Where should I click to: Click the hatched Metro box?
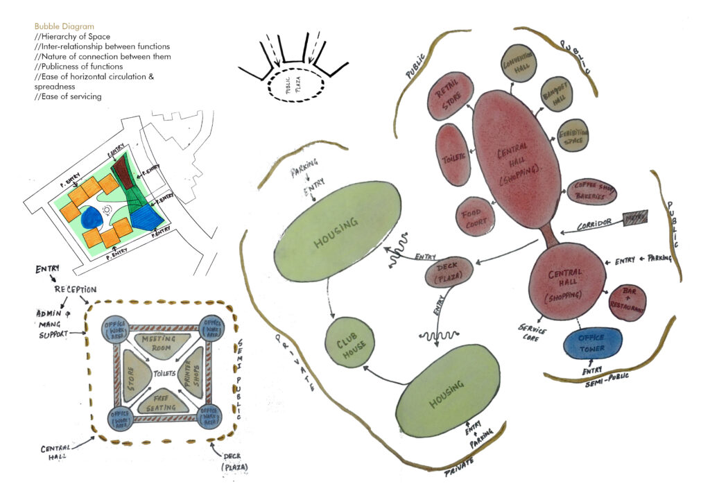[x=635, y=218]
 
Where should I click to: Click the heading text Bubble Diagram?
[x=64, y=26]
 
